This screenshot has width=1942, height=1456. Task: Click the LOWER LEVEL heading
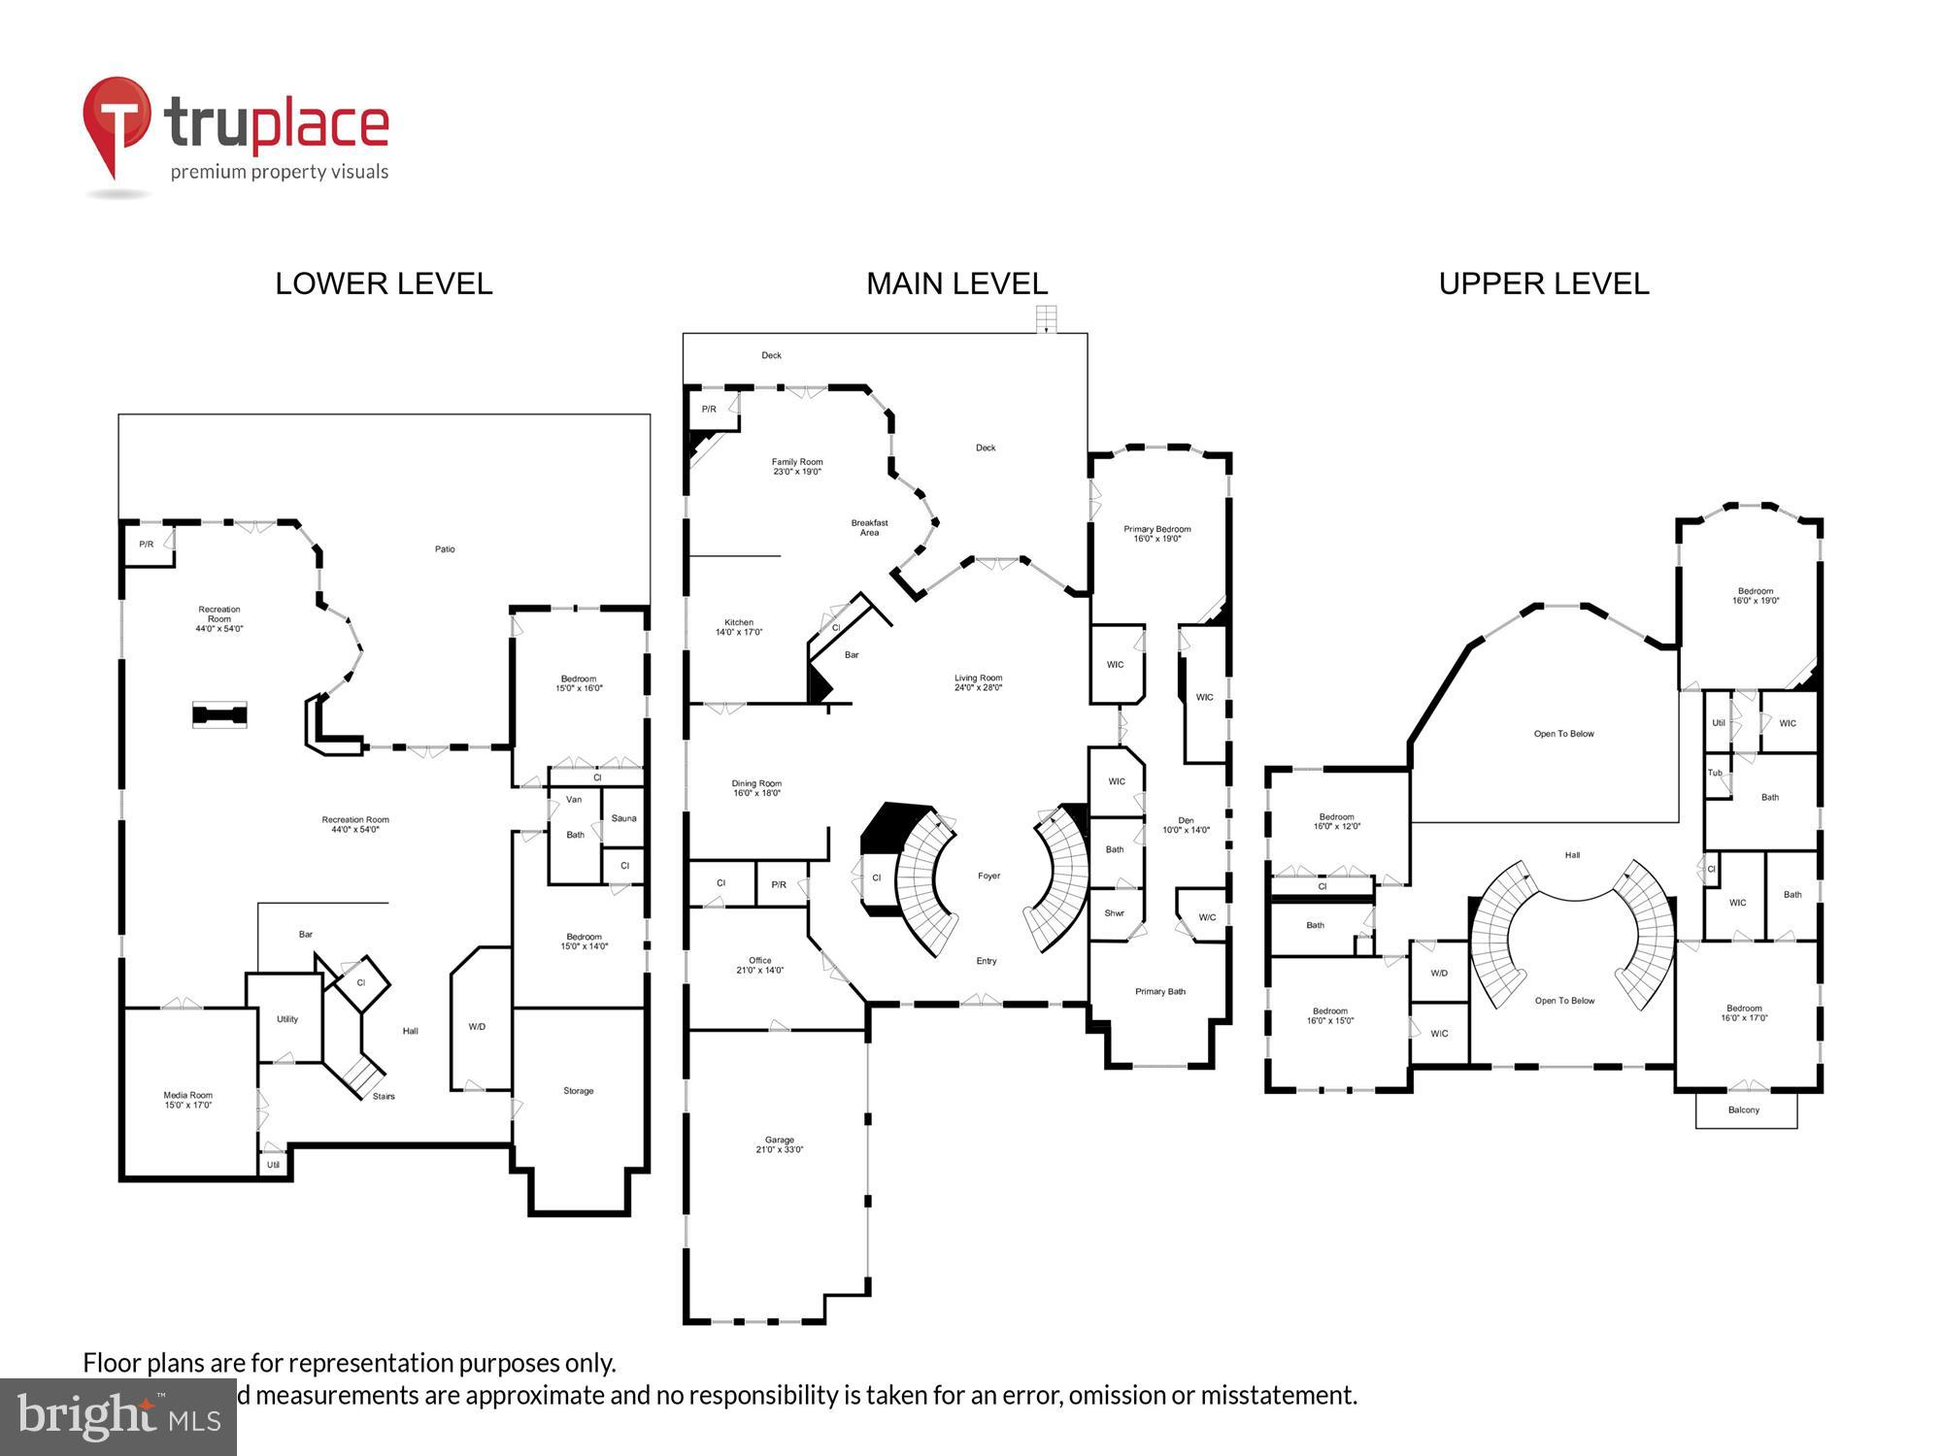click(x=384, y=283)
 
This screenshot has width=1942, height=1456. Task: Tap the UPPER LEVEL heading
click(x=1543, y=283)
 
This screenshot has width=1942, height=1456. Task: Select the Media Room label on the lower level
click(x=187, y=1100)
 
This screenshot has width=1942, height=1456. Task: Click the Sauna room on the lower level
click(x=623, y=818)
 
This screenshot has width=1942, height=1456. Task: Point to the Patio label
click(x=445, y=549)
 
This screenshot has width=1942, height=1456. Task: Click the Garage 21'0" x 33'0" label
click(x=779, y=1144)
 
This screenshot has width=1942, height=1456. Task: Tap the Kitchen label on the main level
click(x=739, y=627)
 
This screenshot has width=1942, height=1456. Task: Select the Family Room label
click(x=797, y=467)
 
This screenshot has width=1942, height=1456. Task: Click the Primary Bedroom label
click(x=1156, y=534)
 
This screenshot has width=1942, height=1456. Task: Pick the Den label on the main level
click(x=1186, y=825)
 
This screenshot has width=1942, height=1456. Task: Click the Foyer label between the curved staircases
click(x=988, y=876)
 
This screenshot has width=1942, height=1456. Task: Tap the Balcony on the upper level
click(x=1744, y=1109)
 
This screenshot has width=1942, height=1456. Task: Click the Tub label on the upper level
click(x=1715, y=774)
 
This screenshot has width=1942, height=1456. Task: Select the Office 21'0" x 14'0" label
click(x=759, y=965)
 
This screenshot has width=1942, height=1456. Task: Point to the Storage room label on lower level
click(x=578, y=1091)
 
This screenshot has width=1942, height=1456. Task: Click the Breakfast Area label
click(x=869, y=527)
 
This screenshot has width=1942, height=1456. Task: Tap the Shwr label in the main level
click(x=1114, y=913)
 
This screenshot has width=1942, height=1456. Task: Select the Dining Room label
click(x=756, y=788)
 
